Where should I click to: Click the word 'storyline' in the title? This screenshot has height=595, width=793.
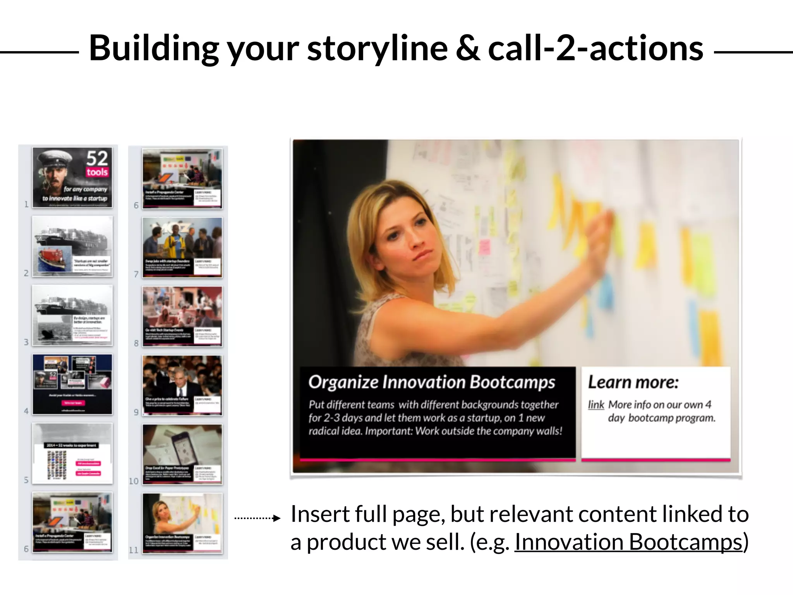(x=377, y=49)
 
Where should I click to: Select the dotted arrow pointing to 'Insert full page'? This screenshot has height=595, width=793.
(x=257, y=518)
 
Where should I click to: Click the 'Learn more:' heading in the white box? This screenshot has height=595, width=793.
(x=633, y=382)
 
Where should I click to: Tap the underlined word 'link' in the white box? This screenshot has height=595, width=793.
(x=596, y=405)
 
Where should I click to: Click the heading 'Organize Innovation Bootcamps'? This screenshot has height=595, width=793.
(x=431, y=382)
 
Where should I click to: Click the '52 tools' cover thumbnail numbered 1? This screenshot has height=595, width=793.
(x=72, y=177)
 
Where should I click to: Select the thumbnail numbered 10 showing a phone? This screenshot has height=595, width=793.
(x=182, y=454)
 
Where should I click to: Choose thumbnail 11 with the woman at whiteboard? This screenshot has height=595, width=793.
(x=182, y=523)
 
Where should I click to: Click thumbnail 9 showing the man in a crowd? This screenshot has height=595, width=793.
(x=182, y=385)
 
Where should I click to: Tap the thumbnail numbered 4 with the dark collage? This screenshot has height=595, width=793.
(x=72, y=384)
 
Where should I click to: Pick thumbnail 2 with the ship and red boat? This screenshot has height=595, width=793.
(x=72, y=246)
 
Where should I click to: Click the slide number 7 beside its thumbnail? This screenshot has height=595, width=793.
(x=136, y=274)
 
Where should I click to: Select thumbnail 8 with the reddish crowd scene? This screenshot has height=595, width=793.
(x=182, y=316)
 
